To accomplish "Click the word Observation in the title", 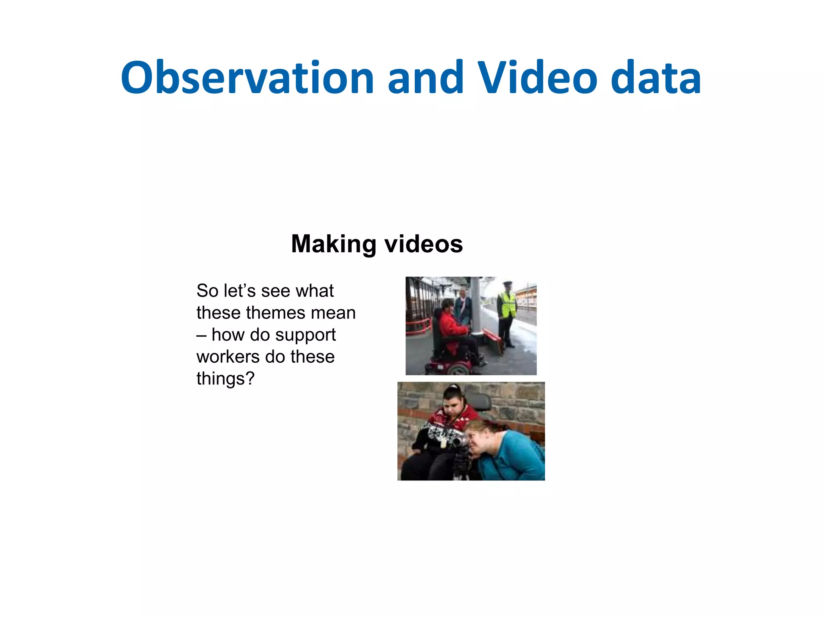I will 247,78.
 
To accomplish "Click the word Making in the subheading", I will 333,244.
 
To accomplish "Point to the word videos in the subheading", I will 424,244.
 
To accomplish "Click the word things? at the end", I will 225,379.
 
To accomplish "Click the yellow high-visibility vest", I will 507,304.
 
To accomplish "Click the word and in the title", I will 425,78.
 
